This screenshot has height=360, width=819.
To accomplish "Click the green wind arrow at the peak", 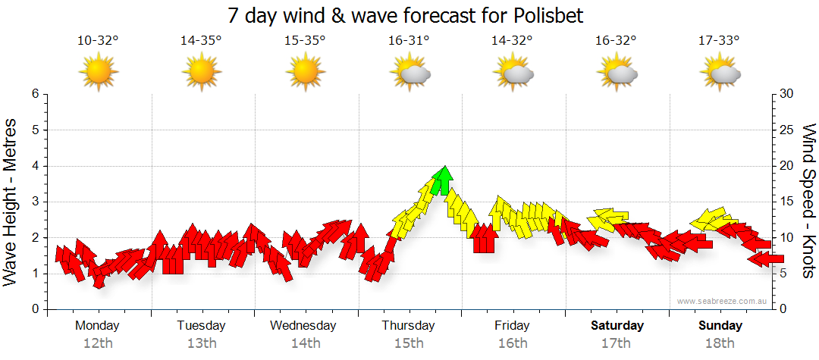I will point(444,180).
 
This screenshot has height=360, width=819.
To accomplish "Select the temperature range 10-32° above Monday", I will point(98,41).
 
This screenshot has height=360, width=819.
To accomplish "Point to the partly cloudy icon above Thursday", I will point(410,73).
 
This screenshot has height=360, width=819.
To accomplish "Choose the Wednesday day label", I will point(303,326).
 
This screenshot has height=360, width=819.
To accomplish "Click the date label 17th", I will point(616,343).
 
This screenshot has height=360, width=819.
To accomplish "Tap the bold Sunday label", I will point(720,326).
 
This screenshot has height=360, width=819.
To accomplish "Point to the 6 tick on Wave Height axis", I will point(35,94).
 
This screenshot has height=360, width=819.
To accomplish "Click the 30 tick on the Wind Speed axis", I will point(788,94).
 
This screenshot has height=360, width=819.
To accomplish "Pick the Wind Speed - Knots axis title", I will point(808,202).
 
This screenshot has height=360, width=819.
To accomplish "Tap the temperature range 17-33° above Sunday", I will point(719,41).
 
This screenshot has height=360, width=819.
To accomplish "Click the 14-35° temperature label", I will point(201,41).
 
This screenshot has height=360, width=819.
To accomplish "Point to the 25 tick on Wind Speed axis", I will point(788,130).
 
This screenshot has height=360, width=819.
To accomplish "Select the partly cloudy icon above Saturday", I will point(617,73).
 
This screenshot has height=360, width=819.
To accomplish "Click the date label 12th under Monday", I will point(98,343).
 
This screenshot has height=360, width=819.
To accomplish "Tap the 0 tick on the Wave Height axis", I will point(35,309).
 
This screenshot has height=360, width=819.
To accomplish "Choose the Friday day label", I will point(512,326).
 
